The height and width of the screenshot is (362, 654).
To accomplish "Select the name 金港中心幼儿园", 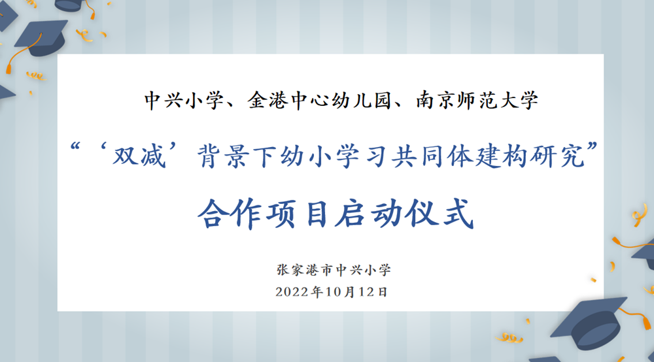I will point(316,101).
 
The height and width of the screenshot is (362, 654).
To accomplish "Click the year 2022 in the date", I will point(292,291).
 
